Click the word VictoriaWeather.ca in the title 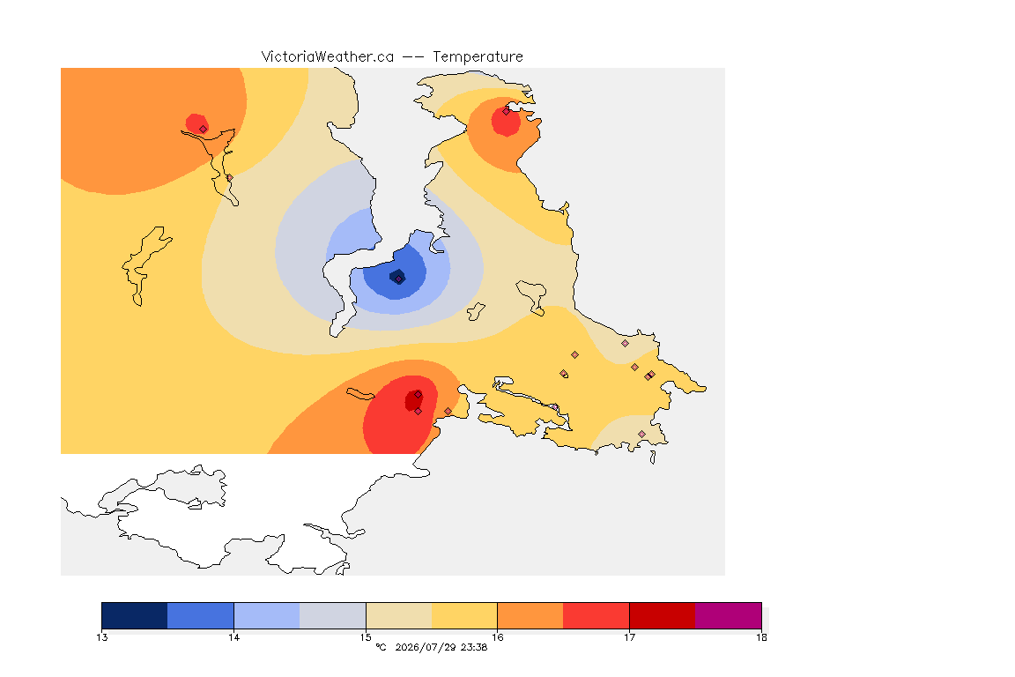328,57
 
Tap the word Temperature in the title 478,57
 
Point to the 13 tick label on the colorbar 101,637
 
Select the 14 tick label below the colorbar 233,637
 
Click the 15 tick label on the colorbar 366,637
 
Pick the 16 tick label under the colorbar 497,637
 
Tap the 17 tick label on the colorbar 629,637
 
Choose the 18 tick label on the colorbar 761,637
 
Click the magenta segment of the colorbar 729,615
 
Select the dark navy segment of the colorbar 135,615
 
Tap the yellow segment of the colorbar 464,615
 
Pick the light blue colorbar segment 267,615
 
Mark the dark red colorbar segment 663,615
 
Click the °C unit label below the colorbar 381,647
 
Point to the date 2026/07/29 426,647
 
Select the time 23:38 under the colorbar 474,647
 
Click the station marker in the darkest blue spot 399,279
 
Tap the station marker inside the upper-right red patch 507,111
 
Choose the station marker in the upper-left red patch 204,129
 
